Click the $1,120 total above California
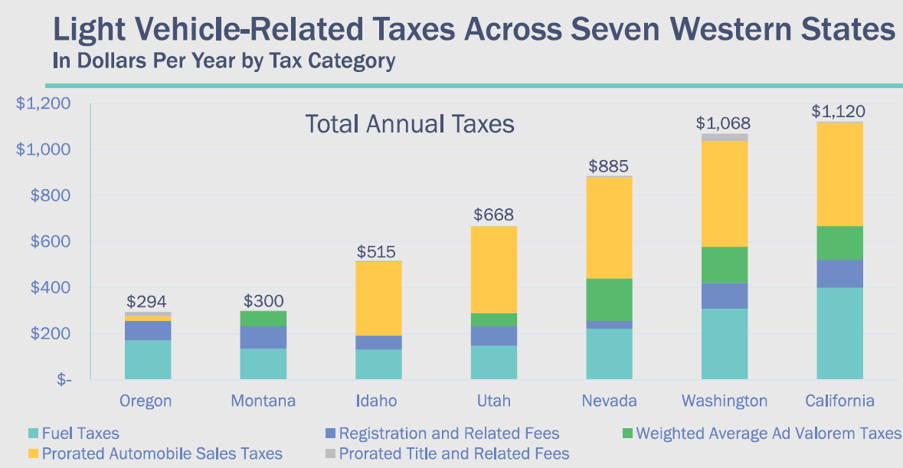838,112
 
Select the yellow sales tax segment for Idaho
378,299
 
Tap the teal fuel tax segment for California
839,333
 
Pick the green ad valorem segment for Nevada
610,299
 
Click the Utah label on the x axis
493,401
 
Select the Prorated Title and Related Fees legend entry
454,453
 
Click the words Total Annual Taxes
410,124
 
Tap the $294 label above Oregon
147,302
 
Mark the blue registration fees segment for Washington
725,296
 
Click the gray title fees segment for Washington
725,137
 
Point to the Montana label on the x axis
263,401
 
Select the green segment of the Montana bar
263,318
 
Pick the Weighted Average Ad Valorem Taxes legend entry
769,434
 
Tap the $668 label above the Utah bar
493,215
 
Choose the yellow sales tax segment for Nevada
610,227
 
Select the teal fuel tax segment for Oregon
147,359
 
